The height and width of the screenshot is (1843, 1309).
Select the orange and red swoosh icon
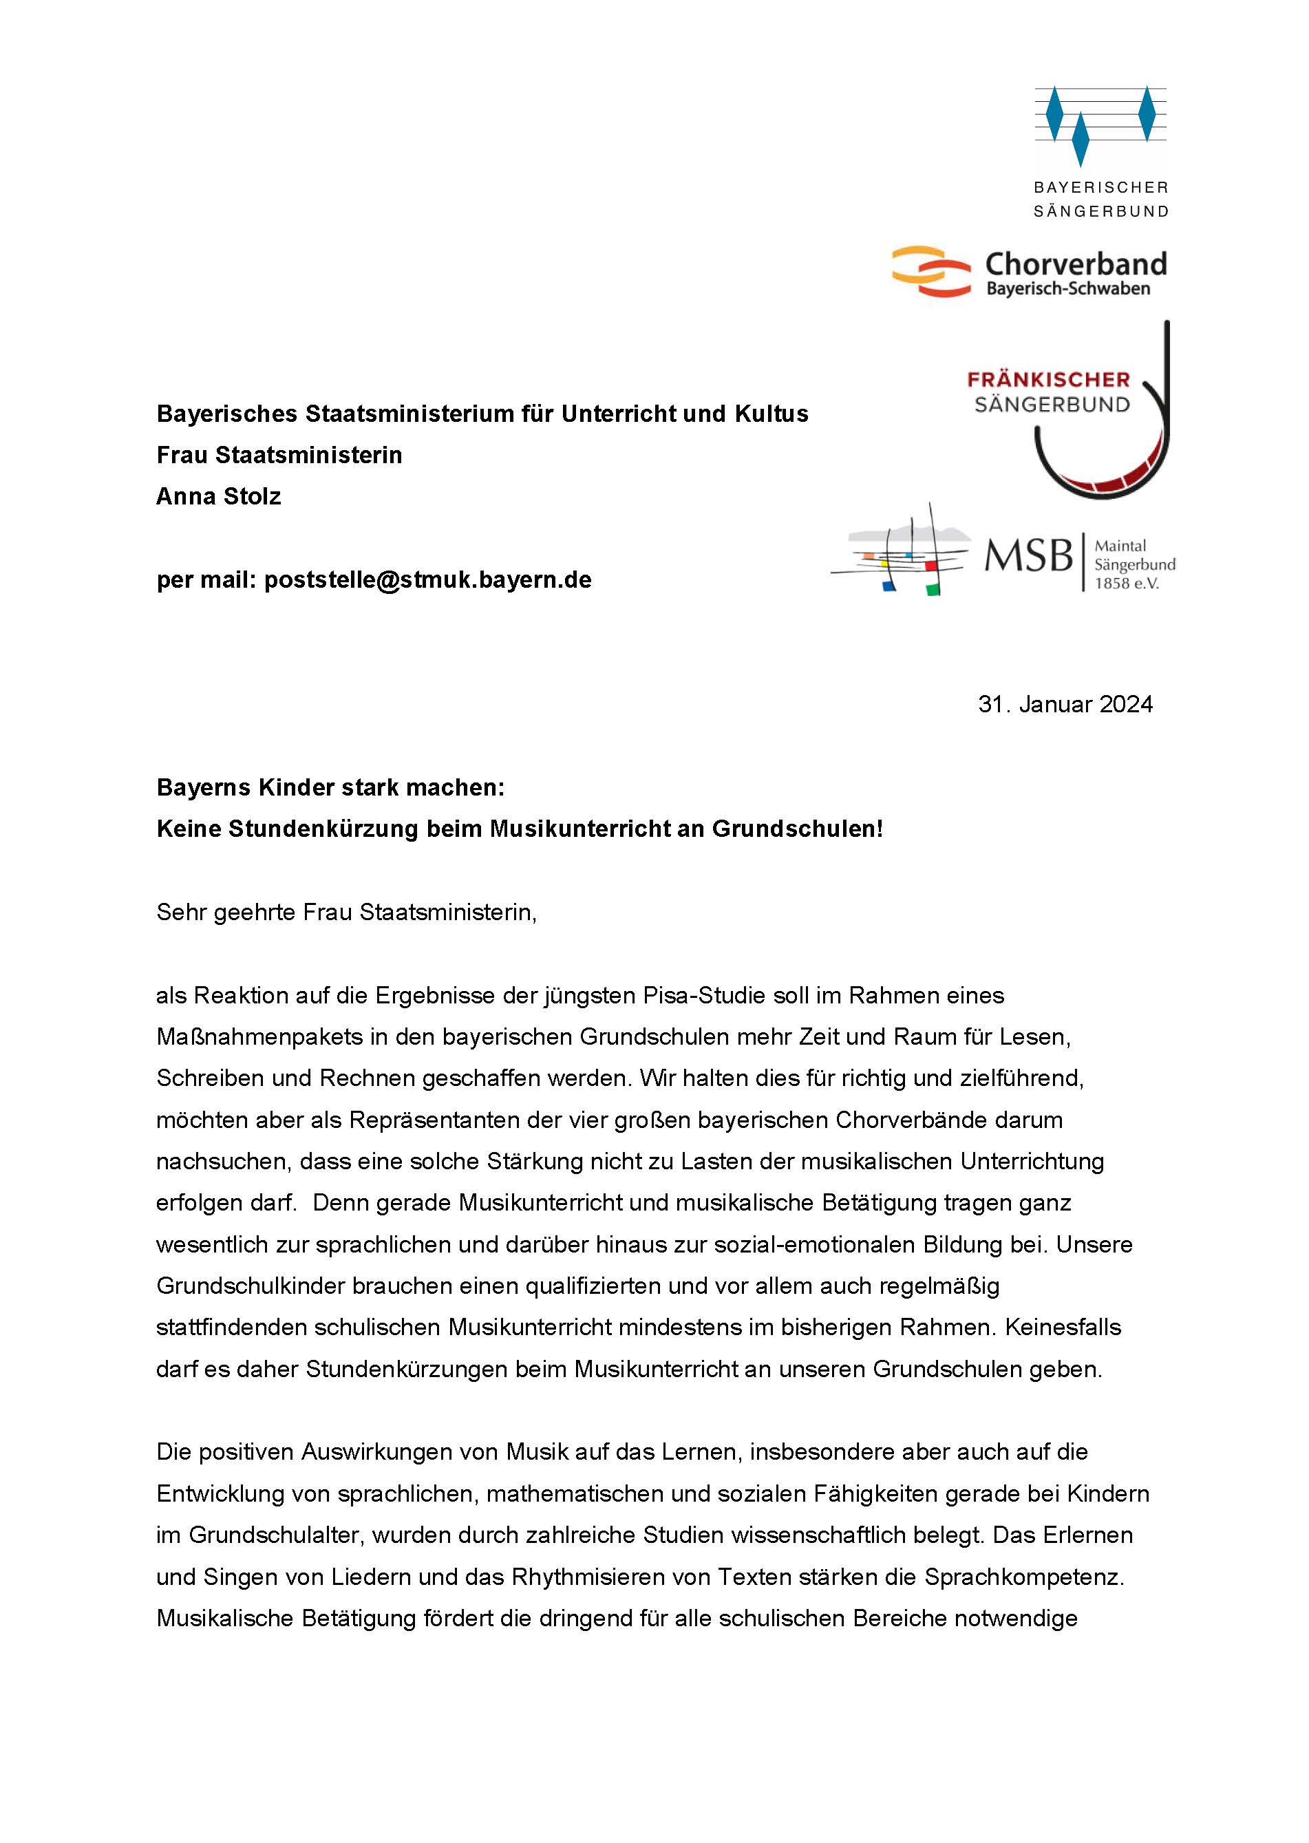click(931, 273)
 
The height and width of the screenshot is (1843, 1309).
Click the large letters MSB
click(1028, 555)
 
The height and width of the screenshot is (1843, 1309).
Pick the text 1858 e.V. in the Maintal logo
click(1126, 584)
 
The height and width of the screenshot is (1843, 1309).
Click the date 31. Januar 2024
click(1065, 704)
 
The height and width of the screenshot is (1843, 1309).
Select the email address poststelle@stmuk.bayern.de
click(427, 579)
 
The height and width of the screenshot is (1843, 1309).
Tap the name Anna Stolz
click(218, 496)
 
